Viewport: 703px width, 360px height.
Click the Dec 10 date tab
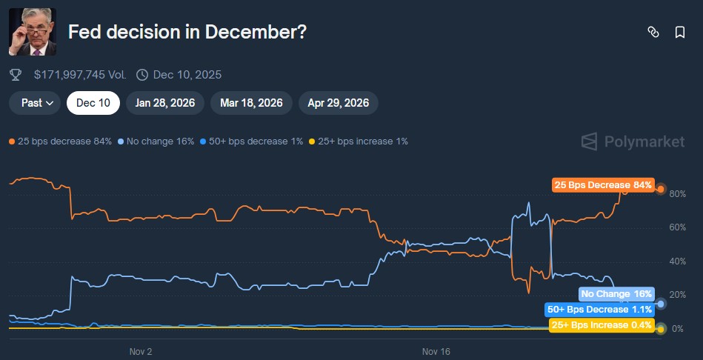click(93, 103)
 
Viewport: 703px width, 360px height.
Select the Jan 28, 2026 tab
click(165, 103)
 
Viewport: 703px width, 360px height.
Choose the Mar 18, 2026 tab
click(251, 103)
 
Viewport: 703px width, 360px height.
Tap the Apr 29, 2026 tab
click(339, 103)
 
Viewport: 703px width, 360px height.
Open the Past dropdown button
click(35, 103)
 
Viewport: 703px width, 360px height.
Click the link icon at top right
click(653, 32)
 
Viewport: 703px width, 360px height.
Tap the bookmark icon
click(679, 32)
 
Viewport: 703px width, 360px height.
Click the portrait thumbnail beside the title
click(32, 32)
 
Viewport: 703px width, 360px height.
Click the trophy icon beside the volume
click(16, 75)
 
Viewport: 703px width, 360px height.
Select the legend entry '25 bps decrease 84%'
click(60, 141)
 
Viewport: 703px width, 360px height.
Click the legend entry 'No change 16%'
click(156, 141)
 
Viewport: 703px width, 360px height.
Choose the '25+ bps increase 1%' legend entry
click(358, 141)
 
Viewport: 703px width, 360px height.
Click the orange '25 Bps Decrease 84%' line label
click(602, 185)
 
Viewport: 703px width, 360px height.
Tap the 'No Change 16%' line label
click(616, 294)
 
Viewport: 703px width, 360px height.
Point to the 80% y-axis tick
click(677, 194)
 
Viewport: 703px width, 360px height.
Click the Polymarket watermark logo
click(633, 141)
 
